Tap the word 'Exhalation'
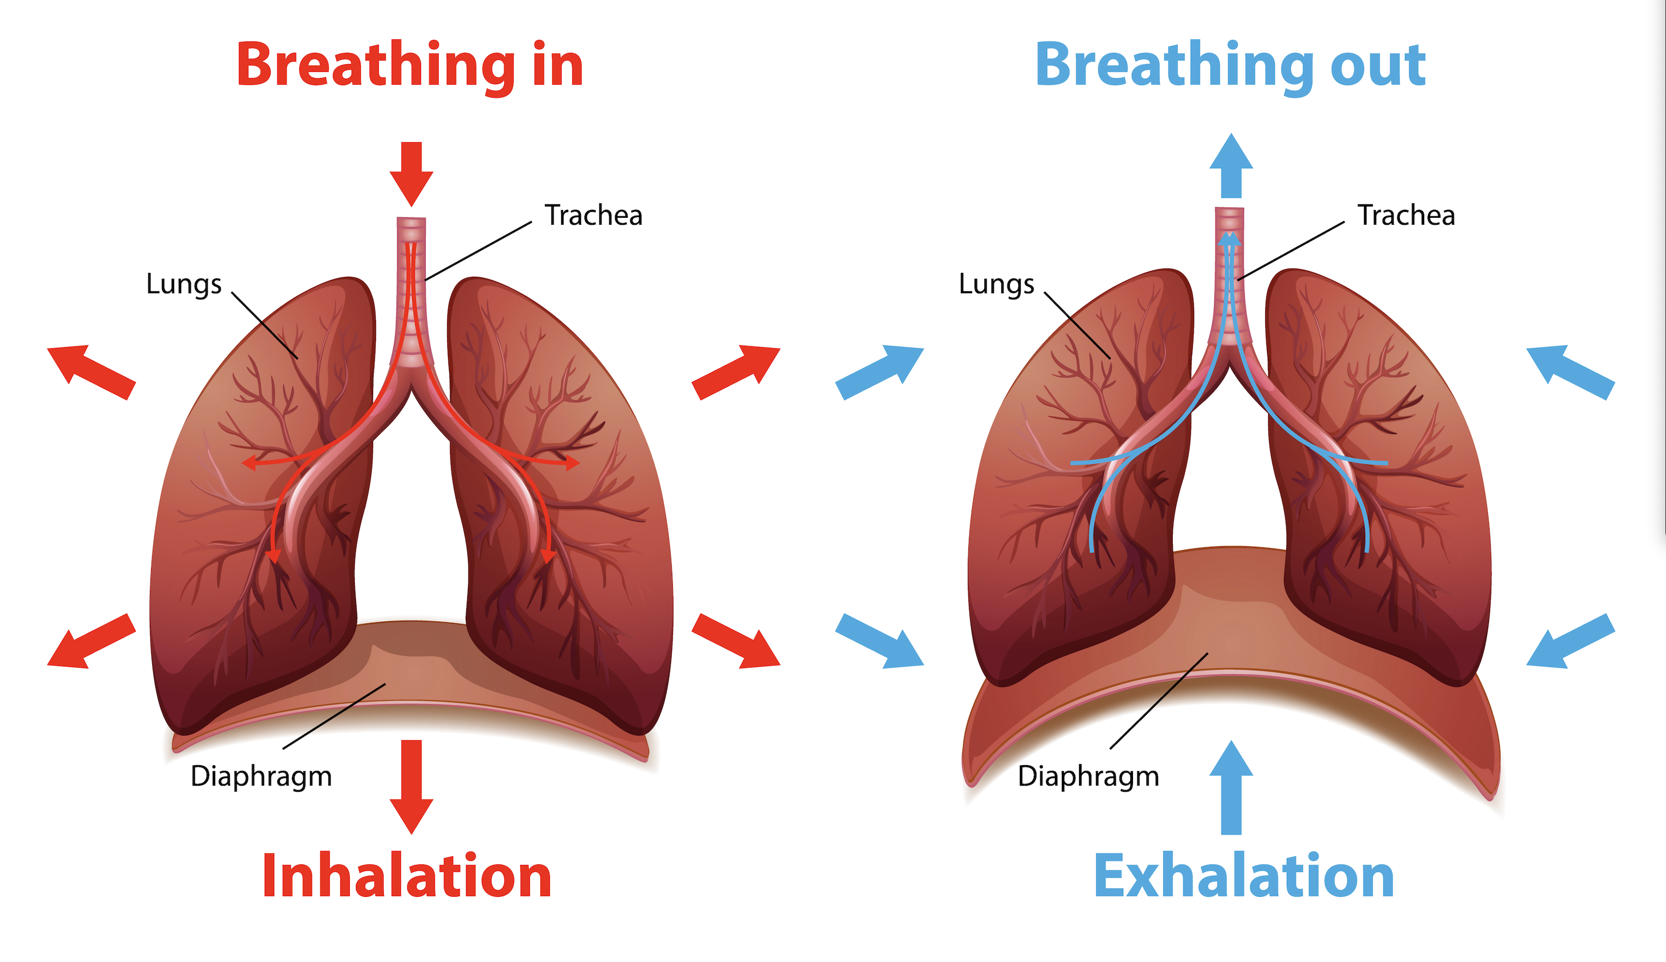point(1244,876)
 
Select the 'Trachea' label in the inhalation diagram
point(593,215)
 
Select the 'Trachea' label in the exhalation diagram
point(1405,215)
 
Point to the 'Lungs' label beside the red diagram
point(184,284)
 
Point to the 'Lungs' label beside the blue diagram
point(996,284)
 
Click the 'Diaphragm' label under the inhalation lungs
point(261,777)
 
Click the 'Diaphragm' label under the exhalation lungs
point(1088,777)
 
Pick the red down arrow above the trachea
point(411,173)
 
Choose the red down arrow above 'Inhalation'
point(411,786)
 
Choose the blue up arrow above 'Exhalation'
point(1231,788)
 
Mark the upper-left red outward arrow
point(91,372)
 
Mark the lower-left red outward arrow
point(91,641)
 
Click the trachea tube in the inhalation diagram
point(411,291)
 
